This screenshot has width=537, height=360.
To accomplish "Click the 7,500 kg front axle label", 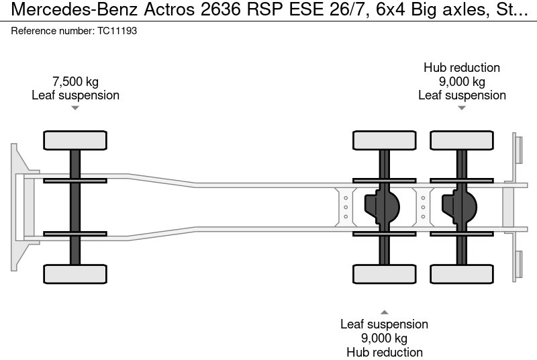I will coord(75,82).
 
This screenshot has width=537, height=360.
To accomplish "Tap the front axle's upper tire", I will coord(75,140).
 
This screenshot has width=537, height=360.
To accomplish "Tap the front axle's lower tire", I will coord(75,273).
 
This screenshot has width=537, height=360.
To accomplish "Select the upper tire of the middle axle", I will coord(385,140).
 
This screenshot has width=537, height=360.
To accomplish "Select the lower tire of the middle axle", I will coord(385,273).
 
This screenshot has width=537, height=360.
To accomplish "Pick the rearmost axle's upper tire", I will coord(462,140).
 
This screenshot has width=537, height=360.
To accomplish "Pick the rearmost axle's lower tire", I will coord(462,273).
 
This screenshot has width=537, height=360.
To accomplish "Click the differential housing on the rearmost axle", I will coord(458,207).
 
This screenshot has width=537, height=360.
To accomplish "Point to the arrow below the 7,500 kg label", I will coord(75,107).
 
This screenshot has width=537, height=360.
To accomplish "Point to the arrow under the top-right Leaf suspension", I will coord(462,107).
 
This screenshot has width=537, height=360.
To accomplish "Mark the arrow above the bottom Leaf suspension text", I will coord(384,312).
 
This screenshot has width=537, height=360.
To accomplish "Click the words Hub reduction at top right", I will coord(462,68).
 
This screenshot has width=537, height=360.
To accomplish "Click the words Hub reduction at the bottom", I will coord(384,352).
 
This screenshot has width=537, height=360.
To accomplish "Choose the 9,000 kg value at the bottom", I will coord(384,338).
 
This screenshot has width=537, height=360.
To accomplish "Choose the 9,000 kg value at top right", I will coord(462,82).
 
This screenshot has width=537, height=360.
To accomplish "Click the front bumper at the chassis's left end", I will coord(19,207).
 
